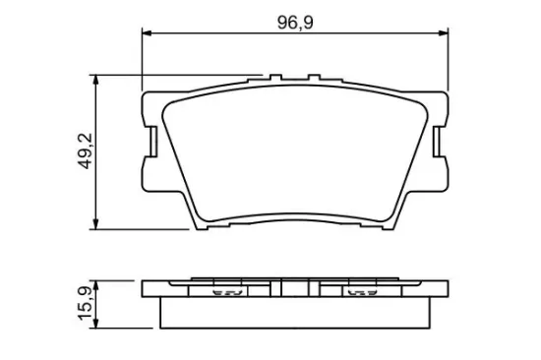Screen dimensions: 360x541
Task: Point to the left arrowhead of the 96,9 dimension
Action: (149, 34)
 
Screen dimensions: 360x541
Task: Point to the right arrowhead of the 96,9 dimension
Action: (445, 34)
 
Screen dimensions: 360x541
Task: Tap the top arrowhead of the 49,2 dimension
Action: (95, 79)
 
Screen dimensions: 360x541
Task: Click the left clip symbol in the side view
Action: (228, 291)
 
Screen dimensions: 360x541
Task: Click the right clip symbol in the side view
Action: (363, 291)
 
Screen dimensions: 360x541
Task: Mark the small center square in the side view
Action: (296, 290)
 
